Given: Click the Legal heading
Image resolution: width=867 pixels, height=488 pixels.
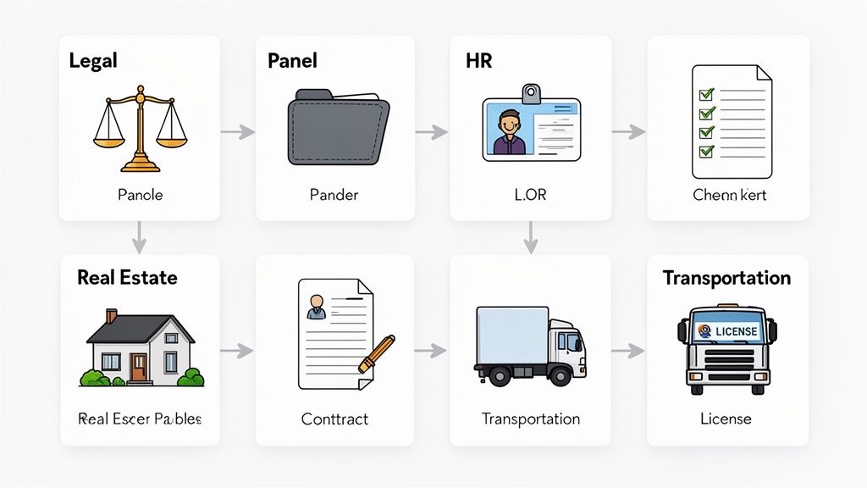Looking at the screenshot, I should click(x=93, y=60).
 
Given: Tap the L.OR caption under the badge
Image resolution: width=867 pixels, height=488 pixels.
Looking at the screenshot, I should click(x=530, y=195).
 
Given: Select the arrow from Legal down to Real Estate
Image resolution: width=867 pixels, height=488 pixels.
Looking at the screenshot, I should click(x=140, y=238).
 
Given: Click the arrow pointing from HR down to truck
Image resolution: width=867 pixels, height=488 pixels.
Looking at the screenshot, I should click(x=530, y=238).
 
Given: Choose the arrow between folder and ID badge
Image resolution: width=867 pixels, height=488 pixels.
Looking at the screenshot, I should click(x=432, y=131).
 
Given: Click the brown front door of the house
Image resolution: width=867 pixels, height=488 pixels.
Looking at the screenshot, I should click(x=139, y=366).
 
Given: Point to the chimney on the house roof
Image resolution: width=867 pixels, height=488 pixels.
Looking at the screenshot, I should click(x=112, y=316).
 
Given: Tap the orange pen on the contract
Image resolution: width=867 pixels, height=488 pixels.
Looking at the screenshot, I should click(x=377, y=354).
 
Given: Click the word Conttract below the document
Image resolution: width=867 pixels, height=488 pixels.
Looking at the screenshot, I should click(x=334, y=419).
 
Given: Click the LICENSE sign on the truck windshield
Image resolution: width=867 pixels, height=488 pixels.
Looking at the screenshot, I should click(x=727, y=330).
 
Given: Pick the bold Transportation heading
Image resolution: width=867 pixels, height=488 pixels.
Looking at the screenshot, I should click(x=726, y=278).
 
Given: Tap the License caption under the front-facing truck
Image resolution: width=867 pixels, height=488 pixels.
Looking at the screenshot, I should click(x=726, y=419).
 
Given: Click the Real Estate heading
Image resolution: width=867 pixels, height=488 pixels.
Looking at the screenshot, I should click(x=127, y=278).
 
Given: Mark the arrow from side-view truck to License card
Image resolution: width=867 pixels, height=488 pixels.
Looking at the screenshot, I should click(x=628, y=350).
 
